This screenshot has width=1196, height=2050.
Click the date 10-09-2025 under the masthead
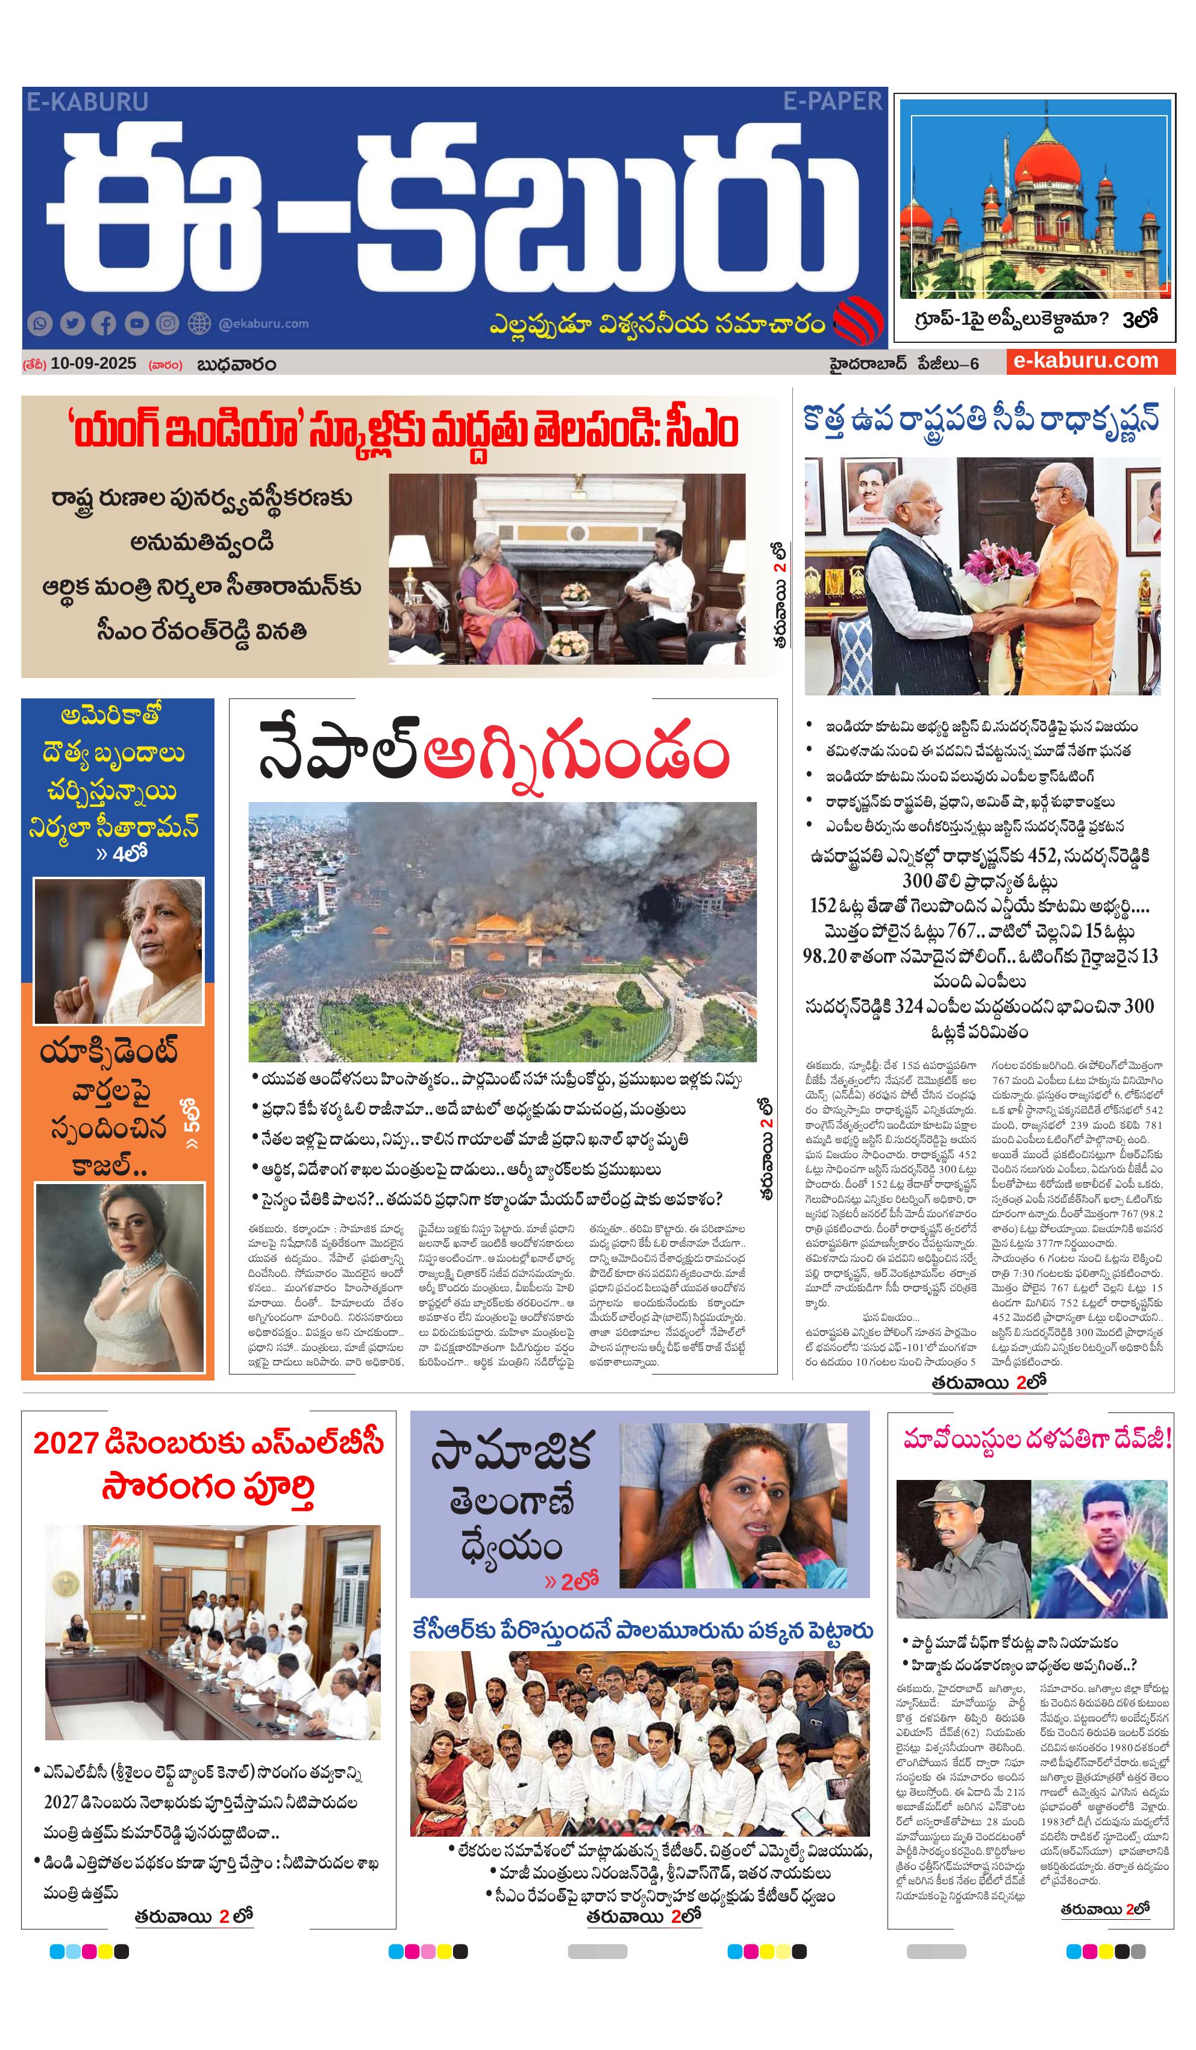[93, 363]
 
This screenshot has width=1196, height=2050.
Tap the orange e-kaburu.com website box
[1089, 361]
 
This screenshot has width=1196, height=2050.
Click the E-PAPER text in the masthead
[831, 101]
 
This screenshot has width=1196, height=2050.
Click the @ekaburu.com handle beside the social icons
[264, 324]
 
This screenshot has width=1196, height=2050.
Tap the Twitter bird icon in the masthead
[72, 324]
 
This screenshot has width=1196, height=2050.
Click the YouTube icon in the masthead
[136, 324]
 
